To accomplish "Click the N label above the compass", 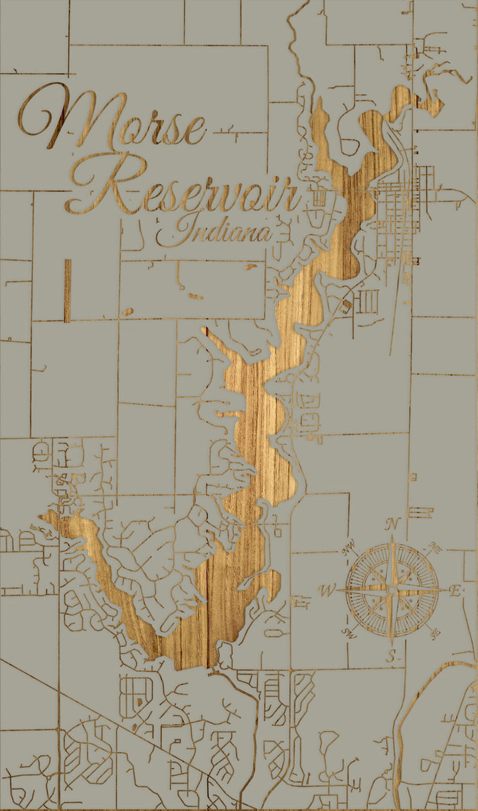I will tap(392, 524).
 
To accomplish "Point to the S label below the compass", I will tap(392, 657).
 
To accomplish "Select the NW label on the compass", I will tap(349, 550).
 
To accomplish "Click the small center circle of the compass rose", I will tap(392, 590).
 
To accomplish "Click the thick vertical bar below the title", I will tap(67, 290).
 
